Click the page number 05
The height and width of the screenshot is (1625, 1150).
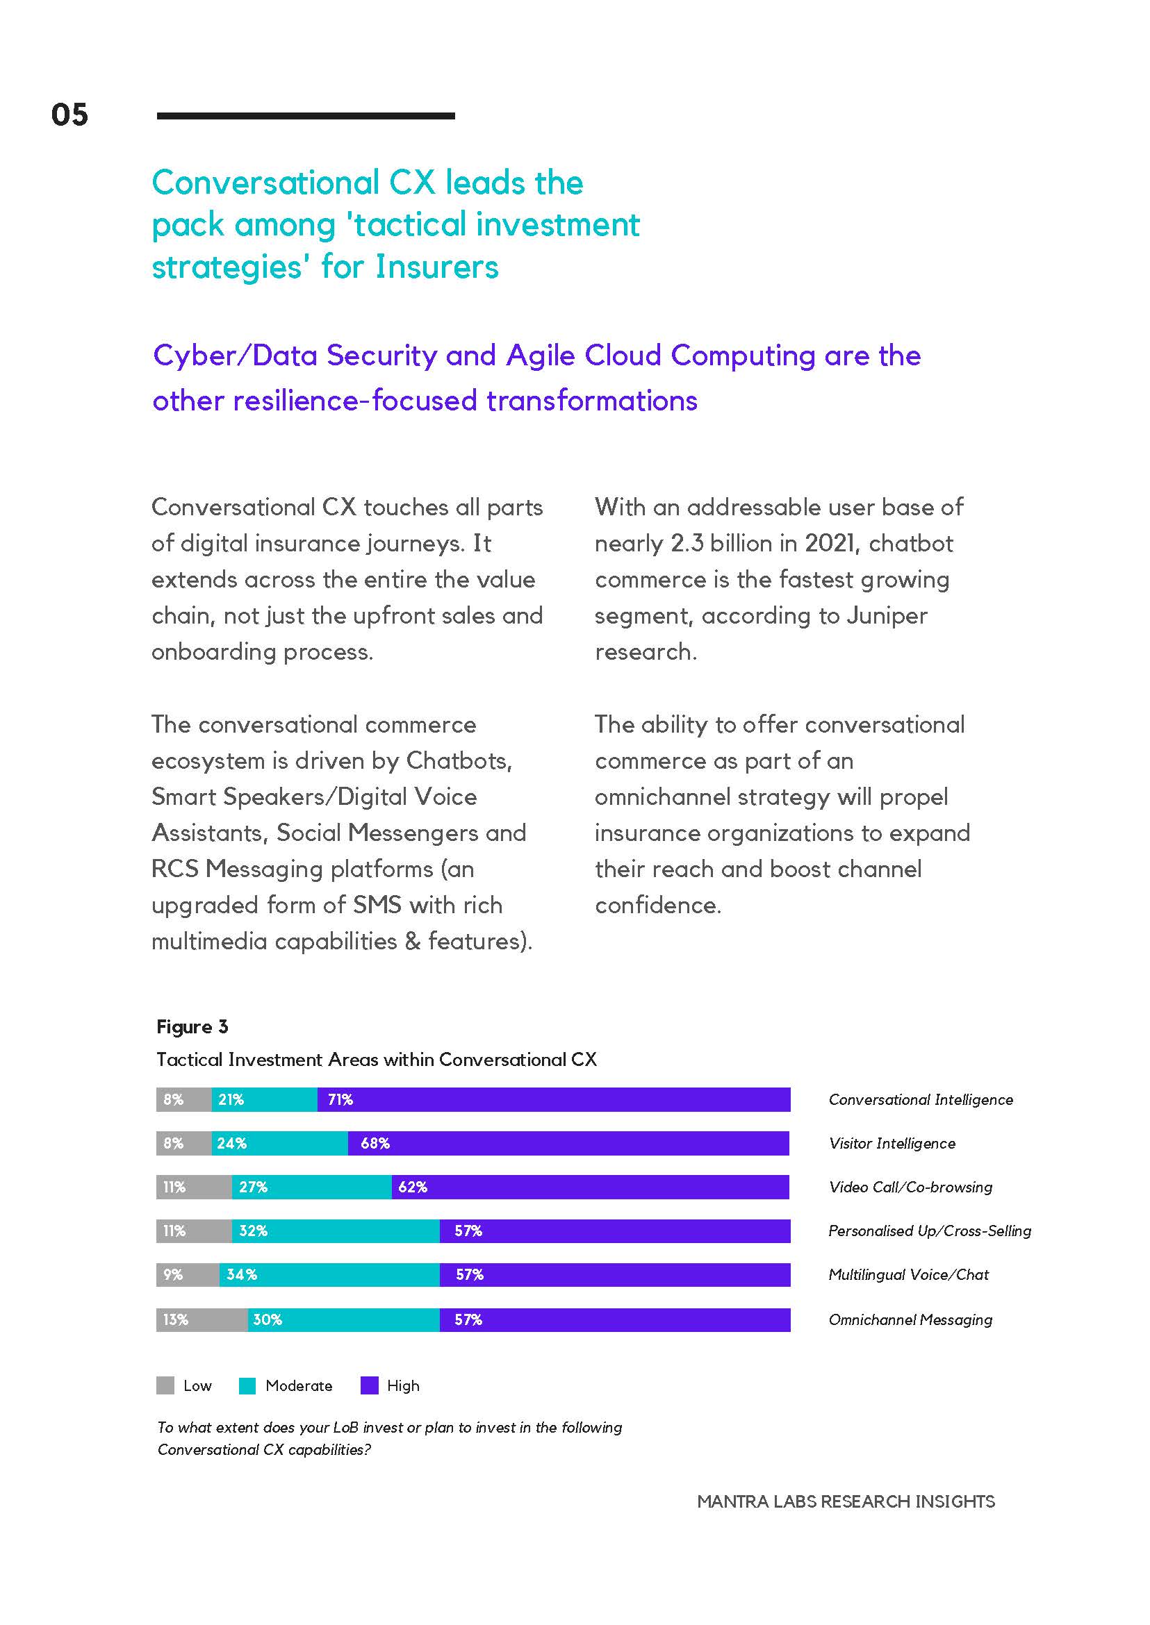click(x=69, y=115)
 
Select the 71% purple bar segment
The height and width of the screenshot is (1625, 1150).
click(x=554, y=1099)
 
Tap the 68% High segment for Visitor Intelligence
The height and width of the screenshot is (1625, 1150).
click(x=568, y=1143)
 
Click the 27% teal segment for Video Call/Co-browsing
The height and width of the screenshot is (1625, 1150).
click(x=311, y=1187)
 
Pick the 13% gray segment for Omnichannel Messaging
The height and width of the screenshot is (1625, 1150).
click(x=202, y=1319)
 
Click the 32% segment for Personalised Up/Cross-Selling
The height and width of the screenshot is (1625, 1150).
click(x=336, y=1231)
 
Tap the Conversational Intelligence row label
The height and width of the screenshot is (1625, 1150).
click(x=921, y=1099)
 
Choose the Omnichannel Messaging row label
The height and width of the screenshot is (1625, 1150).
click(x=911, y=1320)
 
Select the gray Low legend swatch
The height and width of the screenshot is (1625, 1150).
click(x=165, y=1385)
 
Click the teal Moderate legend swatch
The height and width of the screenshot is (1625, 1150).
click(x=247, y=1385)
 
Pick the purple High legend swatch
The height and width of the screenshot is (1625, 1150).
click(x=369, y=1385)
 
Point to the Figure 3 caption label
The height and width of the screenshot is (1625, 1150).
click(x=192, y=1027)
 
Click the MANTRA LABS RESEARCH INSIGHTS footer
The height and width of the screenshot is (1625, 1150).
click(x=846, y=1501)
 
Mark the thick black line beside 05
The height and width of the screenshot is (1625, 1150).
click(x=306, y=115)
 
